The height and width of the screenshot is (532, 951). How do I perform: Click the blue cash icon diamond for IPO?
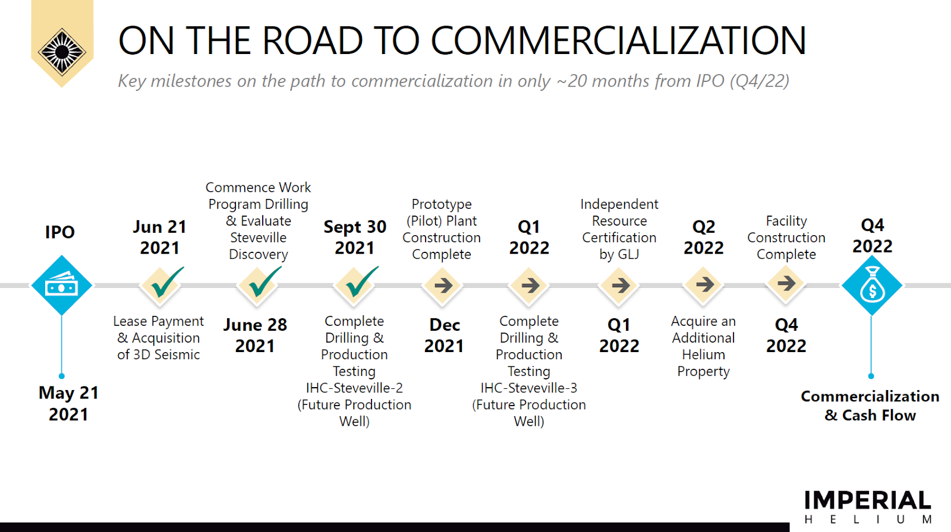[x=62, y=285]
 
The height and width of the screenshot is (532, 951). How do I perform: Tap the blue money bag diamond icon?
[x=871, y=285]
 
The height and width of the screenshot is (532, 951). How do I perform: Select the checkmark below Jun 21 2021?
[x=166, y=282]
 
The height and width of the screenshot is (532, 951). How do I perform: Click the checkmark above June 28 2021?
[x=263, y=282]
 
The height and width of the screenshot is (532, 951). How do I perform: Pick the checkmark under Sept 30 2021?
[x=360, y=282]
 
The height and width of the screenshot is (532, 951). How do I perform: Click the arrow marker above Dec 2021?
[x=443, y=286]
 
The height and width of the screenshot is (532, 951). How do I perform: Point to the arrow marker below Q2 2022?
[x=704, y=284]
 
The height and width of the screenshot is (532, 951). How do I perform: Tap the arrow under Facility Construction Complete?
[x=786, y=283]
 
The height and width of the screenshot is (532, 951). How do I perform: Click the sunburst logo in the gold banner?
[x=62, y=52]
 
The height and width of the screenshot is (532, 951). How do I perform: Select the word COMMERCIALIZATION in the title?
[x=618, y=40]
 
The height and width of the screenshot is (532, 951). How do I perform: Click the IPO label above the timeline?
[x=60, y=232]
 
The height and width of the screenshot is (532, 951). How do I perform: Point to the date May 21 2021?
[x=68, y=404]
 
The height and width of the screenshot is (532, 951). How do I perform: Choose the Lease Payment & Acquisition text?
[x=158, y=338]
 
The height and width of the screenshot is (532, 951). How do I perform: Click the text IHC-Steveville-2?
[x=354, y=388]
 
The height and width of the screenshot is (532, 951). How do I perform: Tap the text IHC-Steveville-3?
[x=528, y=388]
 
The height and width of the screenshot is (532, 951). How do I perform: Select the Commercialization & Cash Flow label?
[x=870, y=406]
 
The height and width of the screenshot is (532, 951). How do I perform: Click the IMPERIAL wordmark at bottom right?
[x=867, y=500]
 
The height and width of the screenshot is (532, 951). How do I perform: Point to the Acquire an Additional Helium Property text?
[x=704, y=346]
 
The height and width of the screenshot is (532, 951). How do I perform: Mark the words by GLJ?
[x=619, y=254]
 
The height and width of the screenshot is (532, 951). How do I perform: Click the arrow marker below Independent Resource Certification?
[x=620, y=286]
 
